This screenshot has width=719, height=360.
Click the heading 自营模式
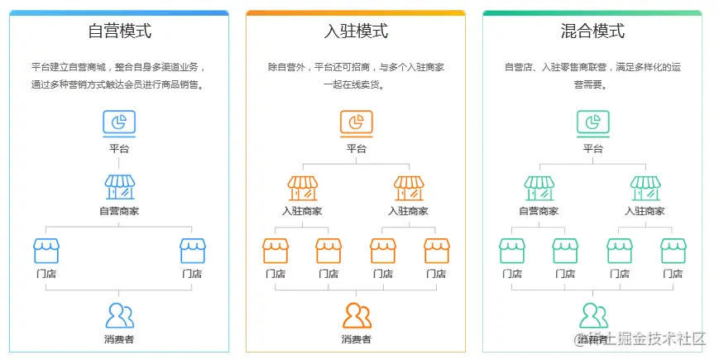click(x=119, y=31)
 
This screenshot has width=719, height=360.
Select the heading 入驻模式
click(x=356, y=31)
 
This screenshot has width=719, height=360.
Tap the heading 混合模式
click(x=592, y=31)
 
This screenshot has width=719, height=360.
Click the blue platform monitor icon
click(x=119, y=123)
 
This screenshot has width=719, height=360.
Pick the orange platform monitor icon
click(x=356, y=123)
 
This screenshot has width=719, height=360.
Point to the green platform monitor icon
click(x=592, y=123)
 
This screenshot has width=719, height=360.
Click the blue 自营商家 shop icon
click(x=119, y=188)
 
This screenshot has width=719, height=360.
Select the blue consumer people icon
click(x=119, y=315)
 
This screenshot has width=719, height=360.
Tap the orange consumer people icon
click(x=357, y=315)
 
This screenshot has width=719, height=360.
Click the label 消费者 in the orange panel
click(x=357, y=339)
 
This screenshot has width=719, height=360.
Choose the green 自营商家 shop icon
click(x=539, y=188)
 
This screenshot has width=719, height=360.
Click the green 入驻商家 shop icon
click(x=645, y=188)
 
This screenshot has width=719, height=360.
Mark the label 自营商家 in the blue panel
click(x=119, y=211)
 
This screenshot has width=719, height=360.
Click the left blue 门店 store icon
click(x=46, y=251)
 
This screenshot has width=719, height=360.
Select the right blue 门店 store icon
click(x=192, y=251)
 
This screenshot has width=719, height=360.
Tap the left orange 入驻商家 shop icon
click(x=302, y=188)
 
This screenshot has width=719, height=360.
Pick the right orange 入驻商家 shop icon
click(x=409, y=188)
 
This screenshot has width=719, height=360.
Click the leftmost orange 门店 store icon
click(x=276, y=251)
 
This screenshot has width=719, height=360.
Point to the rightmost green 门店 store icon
click(x=673, y=251)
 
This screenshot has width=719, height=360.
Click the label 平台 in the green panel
click(x=592, y=149)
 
